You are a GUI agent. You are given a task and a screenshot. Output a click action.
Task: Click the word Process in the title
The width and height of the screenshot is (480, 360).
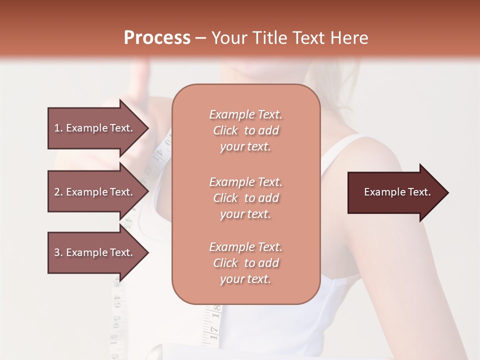coord(157,37)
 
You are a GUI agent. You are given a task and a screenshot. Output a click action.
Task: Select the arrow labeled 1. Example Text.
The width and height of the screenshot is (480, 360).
coord(93,128)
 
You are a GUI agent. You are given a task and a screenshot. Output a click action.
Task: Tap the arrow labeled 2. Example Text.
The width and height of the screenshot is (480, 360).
coord(93,192)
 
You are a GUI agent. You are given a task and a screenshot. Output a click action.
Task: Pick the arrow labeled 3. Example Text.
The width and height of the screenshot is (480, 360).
coord(93,252)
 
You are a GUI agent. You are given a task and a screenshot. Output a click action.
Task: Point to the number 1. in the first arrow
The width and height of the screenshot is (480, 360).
coord(58,128)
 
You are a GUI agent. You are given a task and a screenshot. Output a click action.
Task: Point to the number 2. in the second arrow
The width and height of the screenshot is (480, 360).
coord(58,192)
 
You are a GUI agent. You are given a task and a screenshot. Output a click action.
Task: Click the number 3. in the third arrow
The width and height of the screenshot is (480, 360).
coord(58,252)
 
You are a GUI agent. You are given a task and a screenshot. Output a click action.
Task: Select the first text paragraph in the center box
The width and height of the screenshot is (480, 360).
coord(245,130)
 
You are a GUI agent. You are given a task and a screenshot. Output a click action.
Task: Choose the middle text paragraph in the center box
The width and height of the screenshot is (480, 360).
coord(245,198)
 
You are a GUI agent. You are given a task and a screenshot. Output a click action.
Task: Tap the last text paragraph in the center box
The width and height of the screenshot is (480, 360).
coord(245,263)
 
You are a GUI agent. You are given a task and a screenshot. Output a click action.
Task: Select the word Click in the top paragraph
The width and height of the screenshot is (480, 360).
coord(225,130)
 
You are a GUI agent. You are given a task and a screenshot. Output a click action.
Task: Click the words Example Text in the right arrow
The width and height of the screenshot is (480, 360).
coord(397,192)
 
